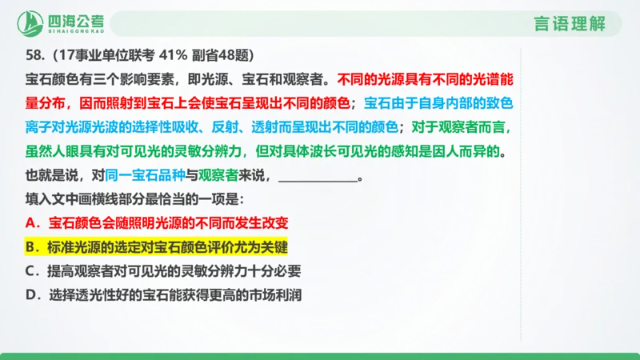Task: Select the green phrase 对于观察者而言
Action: point(468,126)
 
